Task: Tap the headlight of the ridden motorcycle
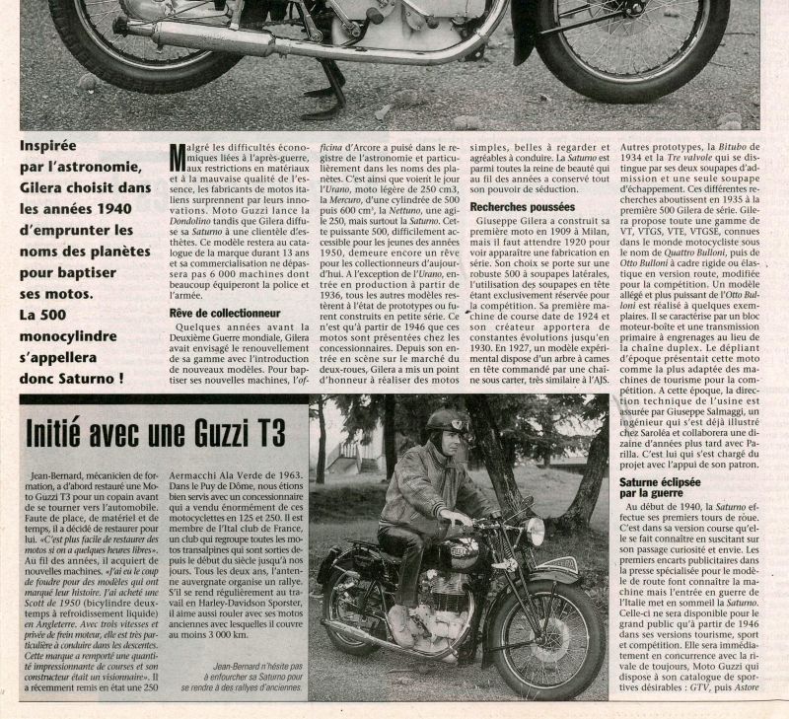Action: pos(536,532)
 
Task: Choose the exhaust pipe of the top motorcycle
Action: pos(296,44)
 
